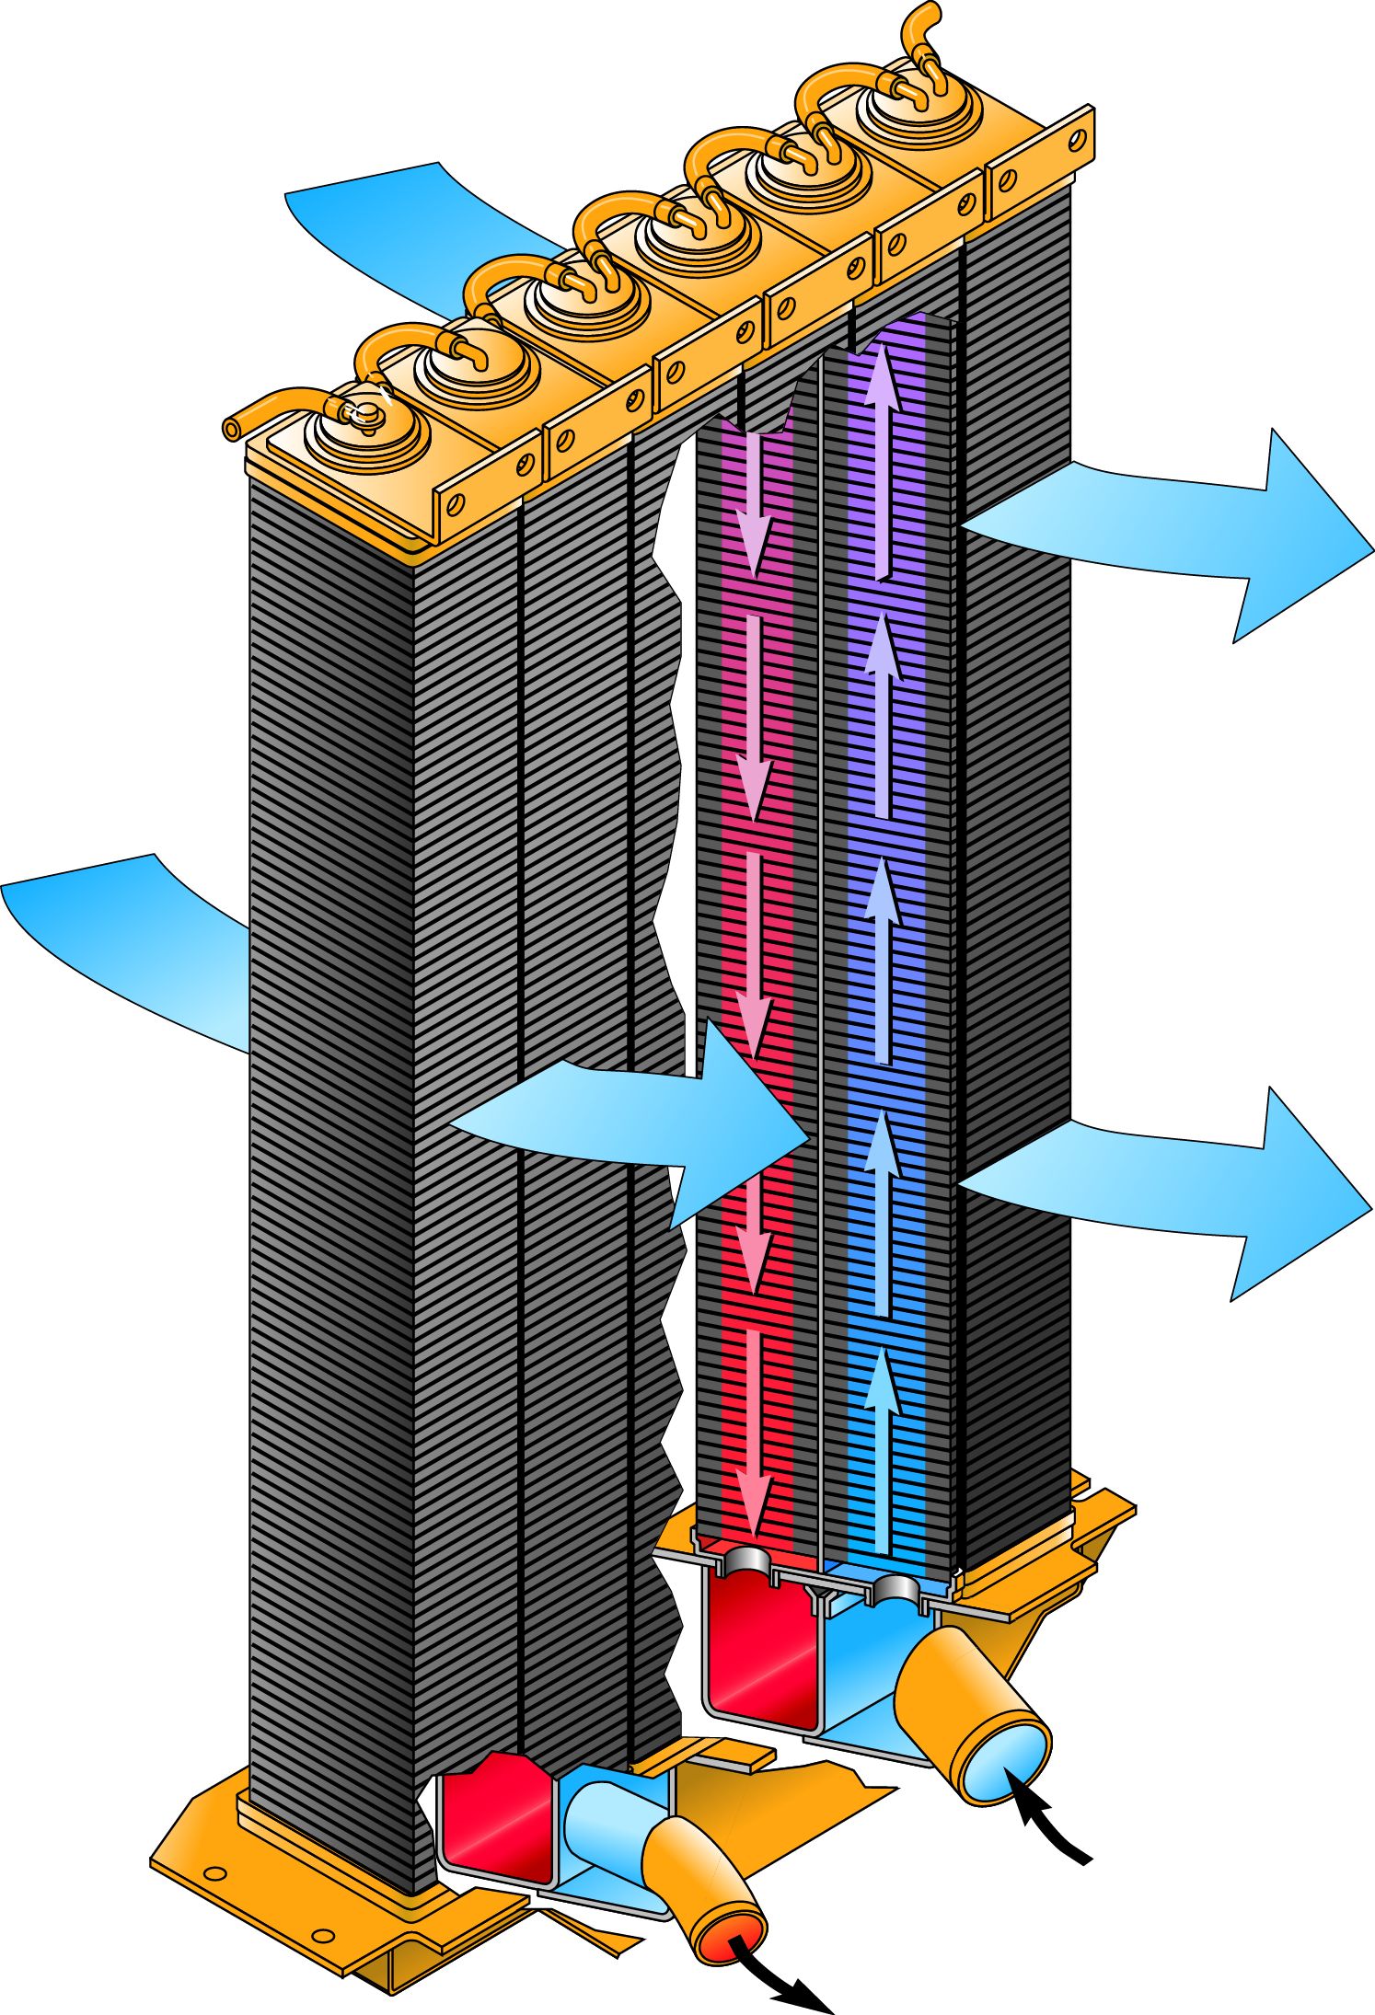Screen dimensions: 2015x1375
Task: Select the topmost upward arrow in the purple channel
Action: (882, 460)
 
